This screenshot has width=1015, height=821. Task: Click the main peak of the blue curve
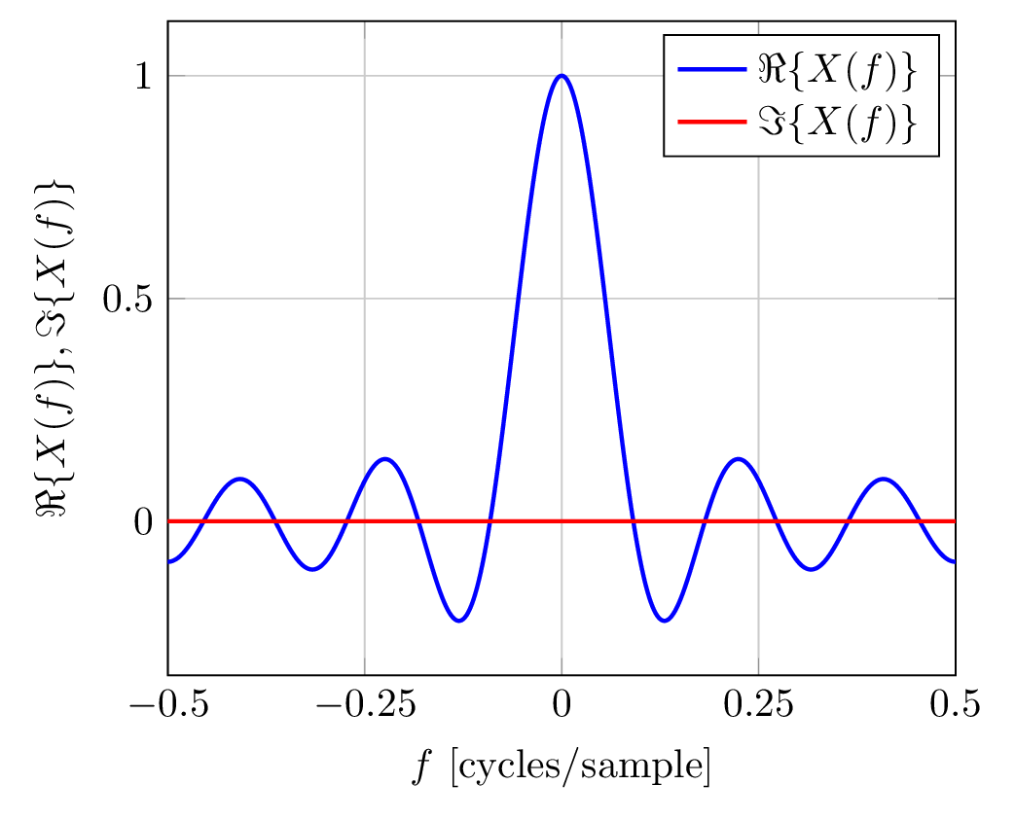coord(562,76)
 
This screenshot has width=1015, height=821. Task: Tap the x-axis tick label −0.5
coord(168,703)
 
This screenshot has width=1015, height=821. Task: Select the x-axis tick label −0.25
coord(364,703)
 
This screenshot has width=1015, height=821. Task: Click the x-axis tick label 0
coord(562,703)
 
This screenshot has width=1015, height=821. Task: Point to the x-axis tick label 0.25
coord(759,703)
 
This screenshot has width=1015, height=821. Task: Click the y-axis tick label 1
coord(142,76)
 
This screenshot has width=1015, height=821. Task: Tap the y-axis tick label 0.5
coord(128,299)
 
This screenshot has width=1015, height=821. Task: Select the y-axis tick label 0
coord(142,521)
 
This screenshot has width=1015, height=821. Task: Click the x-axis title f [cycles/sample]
coord(560,767)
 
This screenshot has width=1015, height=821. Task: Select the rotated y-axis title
coord(59,350)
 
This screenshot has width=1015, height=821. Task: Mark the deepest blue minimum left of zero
coord(458,620)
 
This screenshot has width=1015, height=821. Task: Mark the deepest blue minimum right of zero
coord(665,620)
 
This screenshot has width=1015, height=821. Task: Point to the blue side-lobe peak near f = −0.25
coord(385,459)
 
